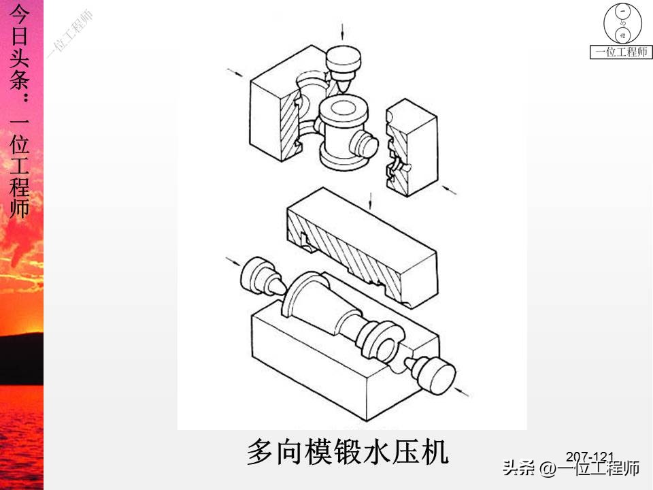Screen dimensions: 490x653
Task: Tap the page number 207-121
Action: (590, 457)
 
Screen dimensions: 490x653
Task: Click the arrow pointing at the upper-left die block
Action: (235, 73)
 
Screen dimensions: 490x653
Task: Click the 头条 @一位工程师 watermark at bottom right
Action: (571, 469)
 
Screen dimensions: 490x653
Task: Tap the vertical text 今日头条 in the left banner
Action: (20, 51)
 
